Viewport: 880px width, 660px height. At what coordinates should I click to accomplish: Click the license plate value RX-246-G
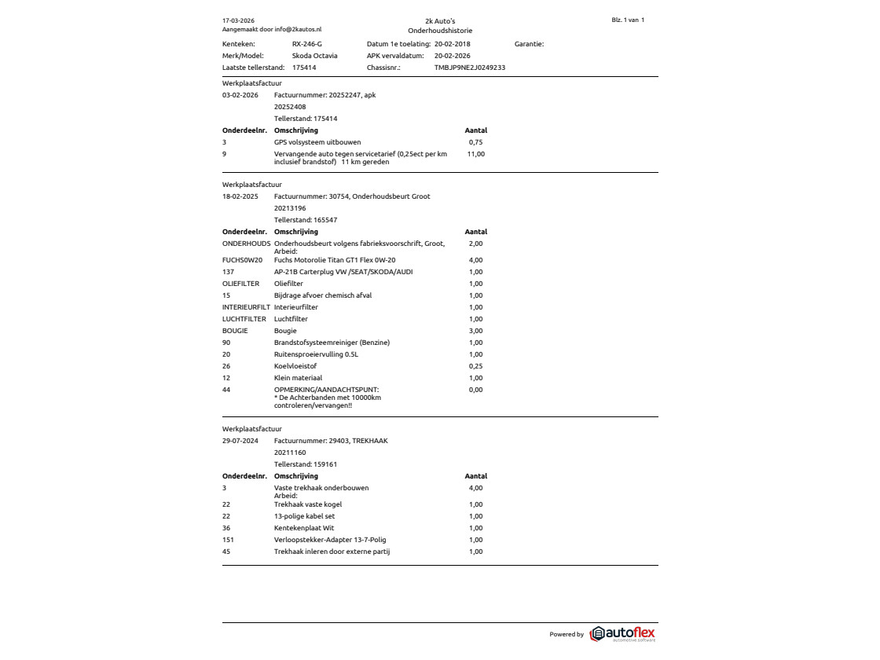coord(306,44)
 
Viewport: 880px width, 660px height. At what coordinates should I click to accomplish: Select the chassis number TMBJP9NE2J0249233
coord(469,68)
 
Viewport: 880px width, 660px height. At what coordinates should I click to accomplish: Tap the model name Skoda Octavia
coord(314,56)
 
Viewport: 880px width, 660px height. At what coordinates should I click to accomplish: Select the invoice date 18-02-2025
coord(240,196)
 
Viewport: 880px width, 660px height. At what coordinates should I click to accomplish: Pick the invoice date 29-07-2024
coord(240,441)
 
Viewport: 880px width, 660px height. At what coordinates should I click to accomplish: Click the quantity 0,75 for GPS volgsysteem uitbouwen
coord(475,142)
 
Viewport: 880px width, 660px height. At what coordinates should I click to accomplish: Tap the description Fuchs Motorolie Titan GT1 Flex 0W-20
coord(334,260)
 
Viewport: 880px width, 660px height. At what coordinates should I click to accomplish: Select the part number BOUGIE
coord(235,331)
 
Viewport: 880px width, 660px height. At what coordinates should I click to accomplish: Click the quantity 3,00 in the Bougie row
coord(475,331)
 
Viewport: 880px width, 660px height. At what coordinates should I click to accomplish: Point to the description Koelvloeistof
coord(295,366)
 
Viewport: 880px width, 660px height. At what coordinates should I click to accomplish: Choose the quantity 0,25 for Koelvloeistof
coord(475,366)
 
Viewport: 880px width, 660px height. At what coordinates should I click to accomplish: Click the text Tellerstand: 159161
coord(305,464)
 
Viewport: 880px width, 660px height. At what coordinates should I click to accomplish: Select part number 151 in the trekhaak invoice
coord(228,540)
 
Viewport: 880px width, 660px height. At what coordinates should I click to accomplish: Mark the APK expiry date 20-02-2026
coord(452,56)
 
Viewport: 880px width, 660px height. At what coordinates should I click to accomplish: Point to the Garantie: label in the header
coord(529,44)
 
